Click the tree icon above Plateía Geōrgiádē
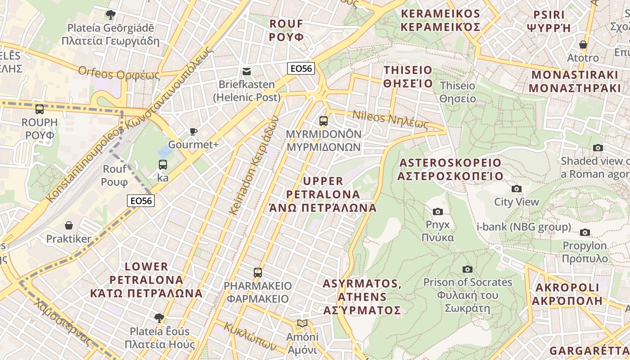coord(110,15)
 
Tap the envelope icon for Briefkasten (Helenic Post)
coord(247,71)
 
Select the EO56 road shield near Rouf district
coord(301,68)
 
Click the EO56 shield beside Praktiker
coord(141,201)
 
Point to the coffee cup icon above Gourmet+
coord(193,131)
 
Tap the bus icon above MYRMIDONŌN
coord(324,121)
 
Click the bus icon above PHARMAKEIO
coord(258,272)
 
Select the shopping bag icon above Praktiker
coord(69,225)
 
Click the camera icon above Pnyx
coord(437,211)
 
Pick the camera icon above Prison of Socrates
coord(468,269)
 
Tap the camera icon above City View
coord(517,189)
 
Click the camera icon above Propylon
coord(585,232)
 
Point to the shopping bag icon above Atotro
coord(583,45)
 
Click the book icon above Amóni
coord(302,324)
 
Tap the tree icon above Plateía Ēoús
coord(159,318)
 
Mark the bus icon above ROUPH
coord(40,109)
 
